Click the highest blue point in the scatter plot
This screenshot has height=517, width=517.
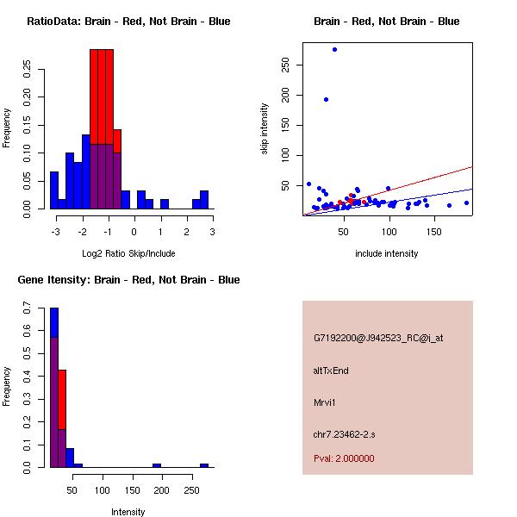pos(334,50)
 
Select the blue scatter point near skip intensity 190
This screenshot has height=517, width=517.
pos(326,99)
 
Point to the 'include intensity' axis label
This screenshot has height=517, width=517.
pos(387,253)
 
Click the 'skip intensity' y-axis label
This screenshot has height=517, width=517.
pos(265,129)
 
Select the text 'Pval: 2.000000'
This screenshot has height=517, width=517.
pos(344,458)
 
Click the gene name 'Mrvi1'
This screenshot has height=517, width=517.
pos(325,402)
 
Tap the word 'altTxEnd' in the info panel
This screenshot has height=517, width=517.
pos(331,371)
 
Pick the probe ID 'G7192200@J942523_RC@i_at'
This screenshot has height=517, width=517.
pos(377,338)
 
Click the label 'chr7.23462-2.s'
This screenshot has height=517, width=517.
pos(343,433)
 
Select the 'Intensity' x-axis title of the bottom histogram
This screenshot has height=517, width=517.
pos(128,512)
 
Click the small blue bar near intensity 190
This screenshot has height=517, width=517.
pos(157,465)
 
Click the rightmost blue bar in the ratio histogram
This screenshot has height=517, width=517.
pos(204,200)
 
